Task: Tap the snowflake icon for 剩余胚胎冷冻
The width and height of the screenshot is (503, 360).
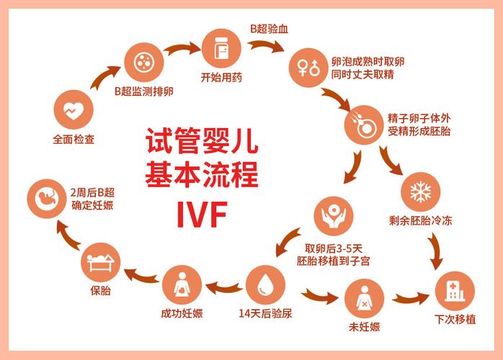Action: click(x=419, y=191)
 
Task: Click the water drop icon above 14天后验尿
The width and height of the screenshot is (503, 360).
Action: click(x=265, y=284)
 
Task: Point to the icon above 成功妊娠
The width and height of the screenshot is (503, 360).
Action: click(x=182, y=285)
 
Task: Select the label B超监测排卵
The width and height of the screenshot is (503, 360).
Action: click(x=143, y=92)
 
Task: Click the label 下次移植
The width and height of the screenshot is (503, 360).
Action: click(x=455, y=320)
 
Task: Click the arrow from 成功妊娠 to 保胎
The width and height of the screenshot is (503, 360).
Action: click(x=142, y=275)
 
